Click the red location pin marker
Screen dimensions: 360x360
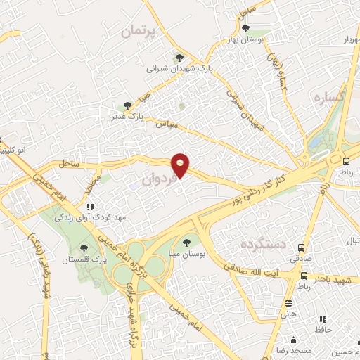[x=181, y=165]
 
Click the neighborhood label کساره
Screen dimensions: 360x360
[x=328, y=97]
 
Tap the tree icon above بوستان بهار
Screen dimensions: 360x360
[x=245, y=28]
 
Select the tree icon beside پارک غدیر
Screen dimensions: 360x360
[x=127, y=105]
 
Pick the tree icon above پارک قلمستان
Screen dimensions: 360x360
[x=84, y=247]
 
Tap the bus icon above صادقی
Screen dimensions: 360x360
[x=302, y=247]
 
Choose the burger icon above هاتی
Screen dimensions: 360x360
[x=289, y=303]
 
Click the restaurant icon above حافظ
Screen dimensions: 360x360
[x=323, y=319]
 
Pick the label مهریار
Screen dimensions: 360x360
[x=345, y=39]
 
